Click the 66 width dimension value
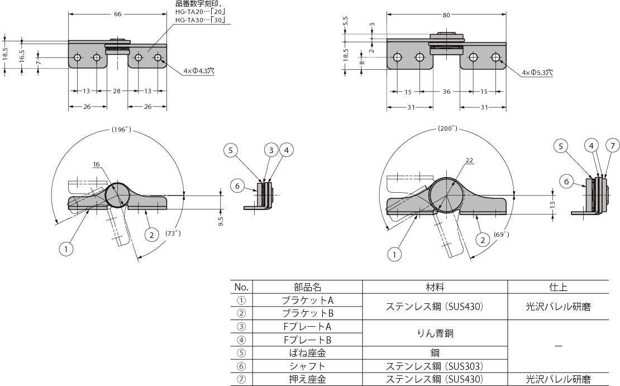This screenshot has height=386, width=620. point(118,14)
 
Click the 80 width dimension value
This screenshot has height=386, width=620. point(446,15)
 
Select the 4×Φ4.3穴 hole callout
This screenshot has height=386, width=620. point(198,71)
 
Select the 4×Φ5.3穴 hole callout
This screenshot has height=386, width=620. point(537,73)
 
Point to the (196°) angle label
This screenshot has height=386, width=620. point(121,130)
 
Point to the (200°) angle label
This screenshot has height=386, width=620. point(447,128)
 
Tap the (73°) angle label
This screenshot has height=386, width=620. point(173,233)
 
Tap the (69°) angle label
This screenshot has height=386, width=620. point(502,235)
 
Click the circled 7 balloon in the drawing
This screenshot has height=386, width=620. point(613,146)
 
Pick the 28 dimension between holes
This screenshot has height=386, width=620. point(117,91)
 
